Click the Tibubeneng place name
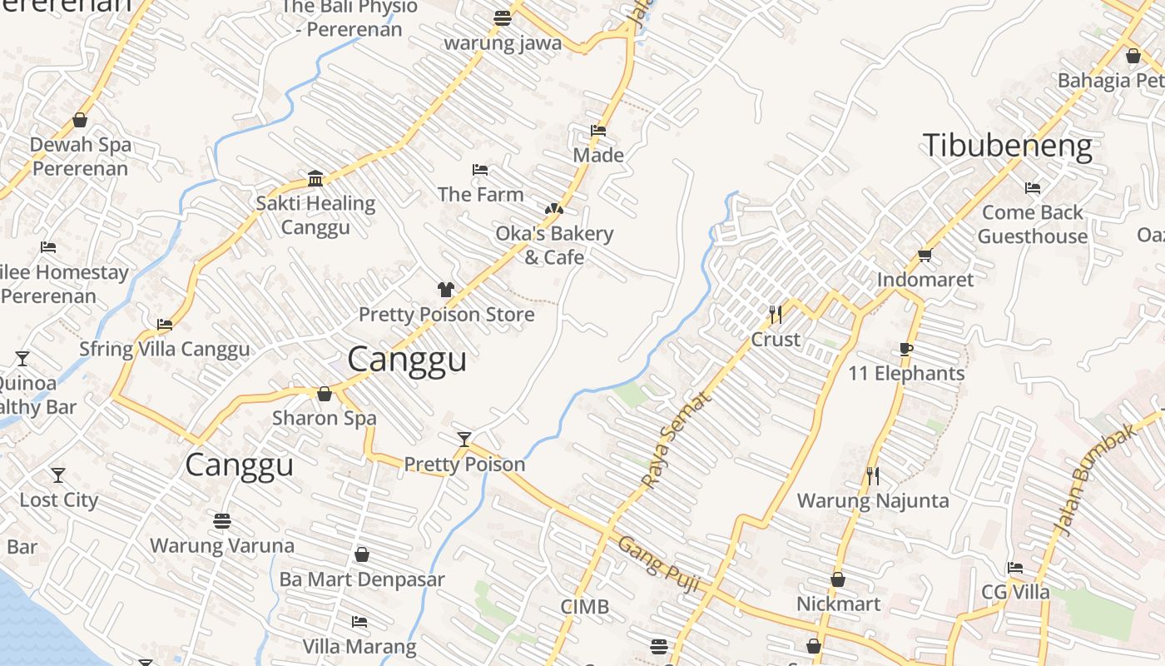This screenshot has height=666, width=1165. [1007, 147]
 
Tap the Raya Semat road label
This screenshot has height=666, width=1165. [677, 440]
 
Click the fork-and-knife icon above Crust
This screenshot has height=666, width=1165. [776, 314]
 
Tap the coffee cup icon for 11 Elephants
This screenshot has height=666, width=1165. [906, 349]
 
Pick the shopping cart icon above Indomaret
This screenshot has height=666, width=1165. [925, 255]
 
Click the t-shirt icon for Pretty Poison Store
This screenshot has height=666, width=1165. [446, 290]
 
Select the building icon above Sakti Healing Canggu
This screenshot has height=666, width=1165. [315, 178]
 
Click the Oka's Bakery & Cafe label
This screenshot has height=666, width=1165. [554, 246]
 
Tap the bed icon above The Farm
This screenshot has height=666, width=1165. [480, 170]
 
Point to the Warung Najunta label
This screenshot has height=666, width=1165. [873, 501]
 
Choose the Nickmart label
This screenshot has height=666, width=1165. [838, 604]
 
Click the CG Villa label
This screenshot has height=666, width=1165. [1015, 593]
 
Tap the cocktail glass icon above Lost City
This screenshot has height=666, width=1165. [58, 475]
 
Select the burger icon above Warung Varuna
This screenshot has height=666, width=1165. [221, 521]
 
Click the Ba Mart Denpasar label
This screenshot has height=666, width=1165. [362, 579]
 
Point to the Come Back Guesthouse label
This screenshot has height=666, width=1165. [1032, 225]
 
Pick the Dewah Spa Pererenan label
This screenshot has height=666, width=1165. [80, 157]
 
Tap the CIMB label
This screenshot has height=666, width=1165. [584, 607]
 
